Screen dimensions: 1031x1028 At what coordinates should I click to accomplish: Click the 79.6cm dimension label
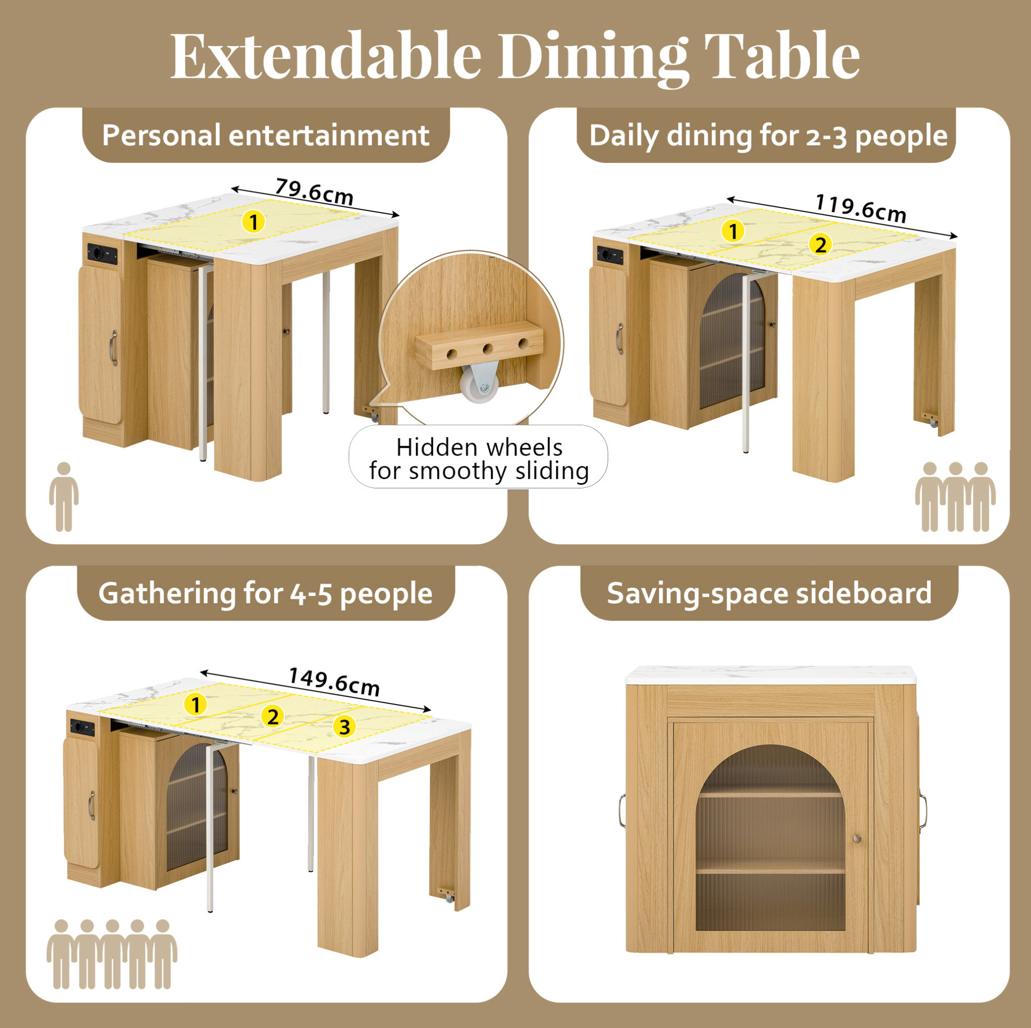pos(314,192)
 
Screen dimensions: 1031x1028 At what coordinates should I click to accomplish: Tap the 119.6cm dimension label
pos(861,208)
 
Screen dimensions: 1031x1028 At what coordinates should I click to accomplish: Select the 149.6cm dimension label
pos(334,681)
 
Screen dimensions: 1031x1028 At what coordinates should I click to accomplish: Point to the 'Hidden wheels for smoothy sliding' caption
pos(478,459)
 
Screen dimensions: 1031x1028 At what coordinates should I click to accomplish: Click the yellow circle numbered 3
pos(344,727)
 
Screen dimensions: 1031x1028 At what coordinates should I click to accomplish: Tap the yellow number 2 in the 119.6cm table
pos(820,244)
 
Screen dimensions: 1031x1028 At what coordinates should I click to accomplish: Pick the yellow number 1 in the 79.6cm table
pos(253,221)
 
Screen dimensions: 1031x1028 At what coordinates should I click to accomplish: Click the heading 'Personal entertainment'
pos(266,135)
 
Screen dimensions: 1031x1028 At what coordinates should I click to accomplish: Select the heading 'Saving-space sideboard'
pos(769,593)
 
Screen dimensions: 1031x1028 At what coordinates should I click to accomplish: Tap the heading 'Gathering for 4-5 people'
pos(265,593)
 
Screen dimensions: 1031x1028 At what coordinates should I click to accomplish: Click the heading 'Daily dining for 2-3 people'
pos(768,136)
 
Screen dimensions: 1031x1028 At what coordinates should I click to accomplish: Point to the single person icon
pos(64,496)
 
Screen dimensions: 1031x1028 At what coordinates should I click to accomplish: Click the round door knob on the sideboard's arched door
pos(857,838)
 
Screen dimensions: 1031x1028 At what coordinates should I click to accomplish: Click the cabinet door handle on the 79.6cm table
pos(114,348)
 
